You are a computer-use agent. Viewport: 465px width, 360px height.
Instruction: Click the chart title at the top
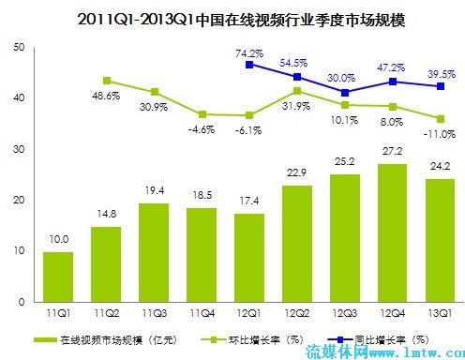[232, 18]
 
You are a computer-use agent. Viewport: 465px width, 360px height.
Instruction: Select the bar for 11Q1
[59, 277]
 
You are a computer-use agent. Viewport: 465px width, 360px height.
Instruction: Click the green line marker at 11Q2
[107, 81]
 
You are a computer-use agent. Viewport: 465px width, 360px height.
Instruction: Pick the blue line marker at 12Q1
[250, 65]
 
